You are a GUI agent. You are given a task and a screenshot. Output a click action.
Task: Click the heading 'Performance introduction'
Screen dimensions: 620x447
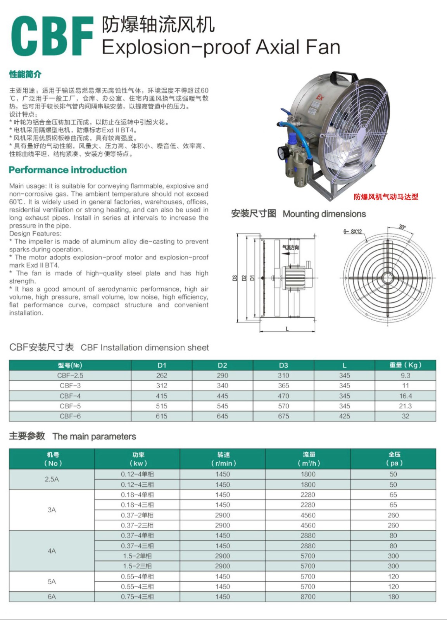tap(67, 170)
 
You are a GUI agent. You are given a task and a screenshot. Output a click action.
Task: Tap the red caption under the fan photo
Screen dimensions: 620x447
tap(386, 197)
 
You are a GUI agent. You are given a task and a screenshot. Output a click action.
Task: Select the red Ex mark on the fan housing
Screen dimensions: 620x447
tap(320, 97)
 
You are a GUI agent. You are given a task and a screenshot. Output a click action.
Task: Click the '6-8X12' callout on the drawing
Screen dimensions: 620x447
tap(352, 231)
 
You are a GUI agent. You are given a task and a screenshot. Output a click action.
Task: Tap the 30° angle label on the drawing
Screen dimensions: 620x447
tap(402, 227)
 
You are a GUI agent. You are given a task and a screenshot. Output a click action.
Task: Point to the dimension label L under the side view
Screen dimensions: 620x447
tap(287, 329)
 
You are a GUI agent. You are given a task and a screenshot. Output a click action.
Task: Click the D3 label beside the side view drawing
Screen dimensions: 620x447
tap(235, 278)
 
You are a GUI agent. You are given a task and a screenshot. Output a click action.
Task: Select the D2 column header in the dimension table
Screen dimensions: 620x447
tap(222, 365)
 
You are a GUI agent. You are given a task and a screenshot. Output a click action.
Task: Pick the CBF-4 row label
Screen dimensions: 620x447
tap(70, 396)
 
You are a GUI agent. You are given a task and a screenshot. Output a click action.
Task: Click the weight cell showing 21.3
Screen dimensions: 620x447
tap(405, 406)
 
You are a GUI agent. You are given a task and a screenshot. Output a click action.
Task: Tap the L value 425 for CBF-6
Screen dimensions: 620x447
tap(344, 416)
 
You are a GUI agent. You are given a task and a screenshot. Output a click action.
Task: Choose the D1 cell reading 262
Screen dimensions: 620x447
tap(162, 375)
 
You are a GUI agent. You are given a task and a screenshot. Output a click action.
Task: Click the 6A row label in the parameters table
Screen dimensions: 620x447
tap(52, 597)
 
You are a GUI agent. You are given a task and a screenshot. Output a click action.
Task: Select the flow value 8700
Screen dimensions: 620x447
tap(308, 597)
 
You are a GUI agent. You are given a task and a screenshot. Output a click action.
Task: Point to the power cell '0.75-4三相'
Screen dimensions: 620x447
tap(137, 597)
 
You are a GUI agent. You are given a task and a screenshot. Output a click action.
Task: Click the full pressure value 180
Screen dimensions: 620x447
tap(393, 597)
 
